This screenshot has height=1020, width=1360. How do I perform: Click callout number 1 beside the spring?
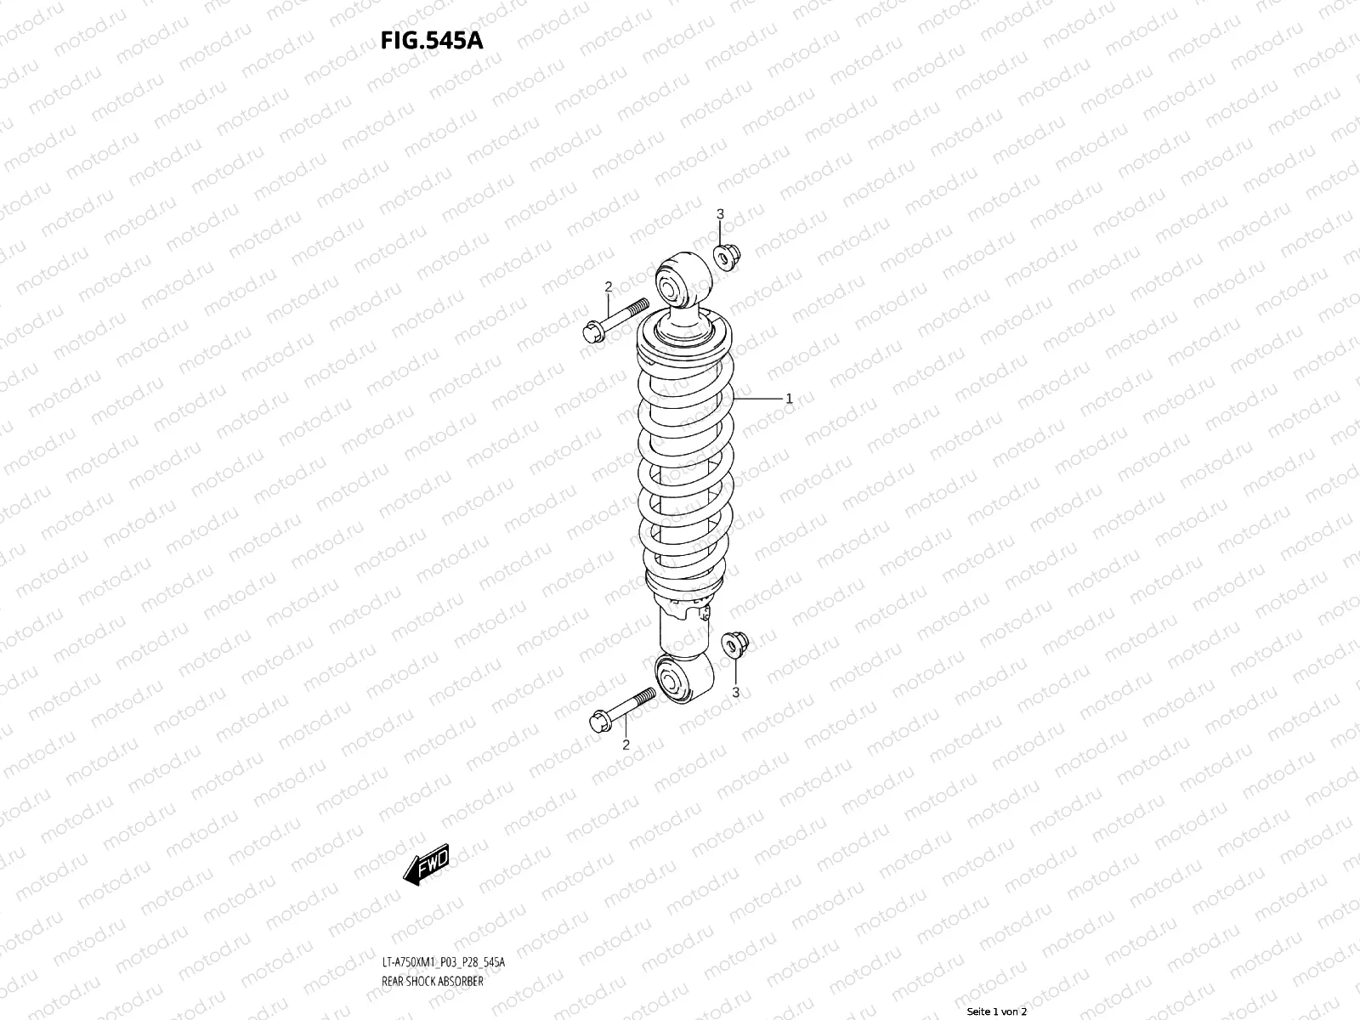click(789, 398)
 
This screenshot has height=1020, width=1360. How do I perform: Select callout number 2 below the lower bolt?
click(626, 745)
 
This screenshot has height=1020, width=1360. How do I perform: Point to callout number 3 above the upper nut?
click(720, 213)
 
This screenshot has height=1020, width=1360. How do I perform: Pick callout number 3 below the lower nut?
click(736, 692)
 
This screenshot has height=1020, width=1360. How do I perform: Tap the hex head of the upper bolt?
click(594, 331)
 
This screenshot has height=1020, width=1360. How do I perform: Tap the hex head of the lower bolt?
click(600, 722)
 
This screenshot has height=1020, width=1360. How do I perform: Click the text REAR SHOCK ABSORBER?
click(433, 983)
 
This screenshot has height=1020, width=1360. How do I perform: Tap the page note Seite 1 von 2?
click(997, 1011)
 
